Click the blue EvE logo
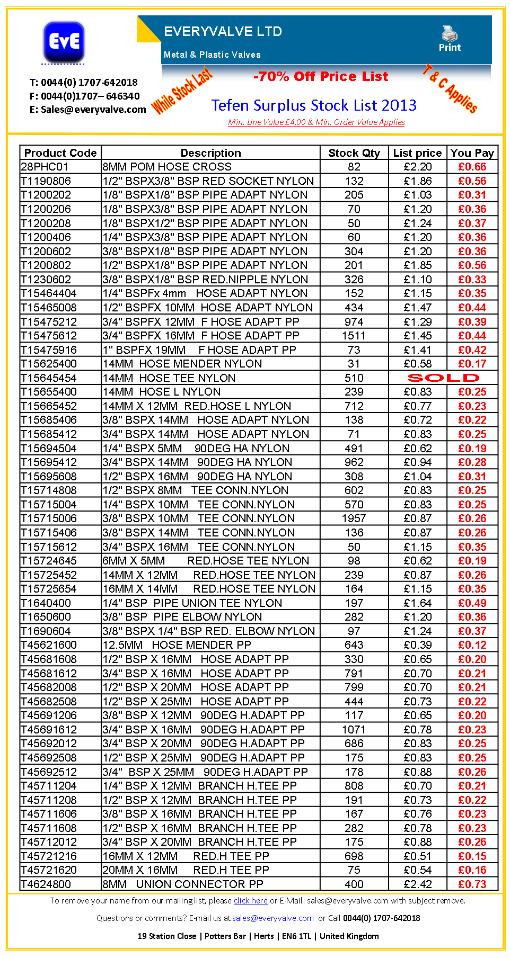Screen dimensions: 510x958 click(x=64, y=41)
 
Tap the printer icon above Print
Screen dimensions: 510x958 click(x=450, y=33)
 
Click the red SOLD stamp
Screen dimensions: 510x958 click(x=443, y=378)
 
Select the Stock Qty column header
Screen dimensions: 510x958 click(x=354, y=153)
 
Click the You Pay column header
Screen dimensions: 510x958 click(x=472, y=153)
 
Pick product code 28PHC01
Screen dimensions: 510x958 click(x=45, y=167)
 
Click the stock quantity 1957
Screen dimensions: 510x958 click(x=354, y=518)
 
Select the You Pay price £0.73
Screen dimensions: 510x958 click(x=472, y=884)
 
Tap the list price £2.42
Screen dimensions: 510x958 click(x=418, y=884)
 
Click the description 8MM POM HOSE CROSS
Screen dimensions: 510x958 click(x=167, y=167)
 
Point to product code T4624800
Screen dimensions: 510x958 click(x=46, y=884)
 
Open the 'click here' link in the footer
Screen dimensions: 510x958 click(x=250, y=901)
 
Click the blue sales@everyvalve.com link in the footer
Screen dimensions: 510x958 click(x=273, y=918)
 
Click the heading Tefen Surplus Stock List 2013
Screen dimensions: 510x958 click(x=314, y=105)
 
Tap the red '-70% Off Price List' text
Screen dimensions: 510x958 click(x=321, y=77)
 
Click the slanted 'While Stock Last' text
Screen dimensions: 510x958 click(x=182, y=91)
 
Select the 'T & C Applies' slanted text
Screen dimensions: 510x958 click(x=450, y=88)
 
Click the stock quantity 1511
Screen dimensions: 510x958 click(x=354, y=336)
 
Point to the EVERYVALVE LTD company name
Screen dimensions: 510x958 click(x=223, y=32)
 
